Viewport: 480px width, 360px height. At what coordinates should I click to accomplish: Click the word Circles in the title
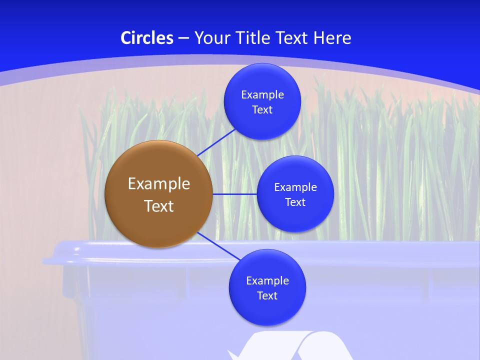147,38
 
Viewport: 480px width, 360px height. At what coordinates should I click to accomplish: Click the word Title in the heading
253,38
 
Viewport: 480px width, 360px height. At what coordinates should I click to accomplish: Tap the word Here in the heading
332,38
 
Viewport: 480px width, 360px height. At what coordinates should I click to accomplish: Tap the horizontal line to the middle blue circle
235,194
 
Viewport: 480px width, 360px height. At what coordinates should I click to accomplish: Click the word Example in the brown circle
159,184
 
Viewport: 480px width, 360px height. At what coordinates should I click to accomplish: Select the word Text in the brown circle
159,206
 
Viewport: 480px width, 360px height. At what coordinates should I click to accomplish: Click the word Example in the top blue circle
262,95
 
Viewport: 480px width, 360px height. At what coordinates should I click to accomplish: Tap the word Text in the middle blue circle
295,202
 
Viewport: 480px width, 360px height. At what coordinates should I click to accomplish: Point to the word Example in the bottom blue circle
267,280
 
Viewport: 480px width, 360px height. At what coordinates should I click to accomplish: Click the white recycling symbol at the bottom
290,347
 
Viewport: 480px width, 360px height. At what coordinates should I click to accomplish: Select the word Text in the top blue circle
262,109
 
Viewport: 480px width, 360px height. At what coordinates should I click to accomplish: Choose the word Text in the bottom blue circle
267,295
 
